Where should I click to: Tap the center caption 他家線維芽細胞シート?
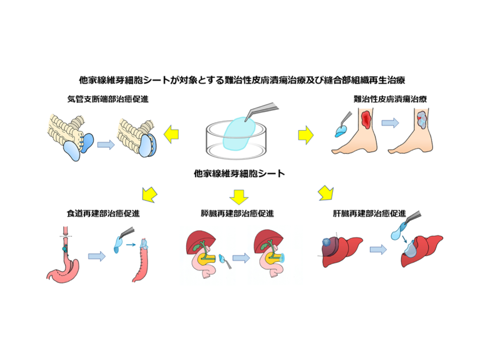(x=239, y=174)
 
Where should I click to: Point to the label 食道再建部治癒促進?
(x=103, y=213)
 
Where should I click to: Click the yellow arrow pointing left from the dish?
(x=171, y=134)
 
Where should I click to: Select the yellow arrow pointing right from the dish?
(x=305, y=134)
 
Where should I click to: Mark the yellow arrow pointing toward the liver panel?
(x=326, y=192)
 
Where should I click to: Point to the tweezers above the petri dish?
(x=265, y=110)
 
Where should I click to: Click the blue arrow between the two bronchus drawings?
(x=105, y=145)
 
